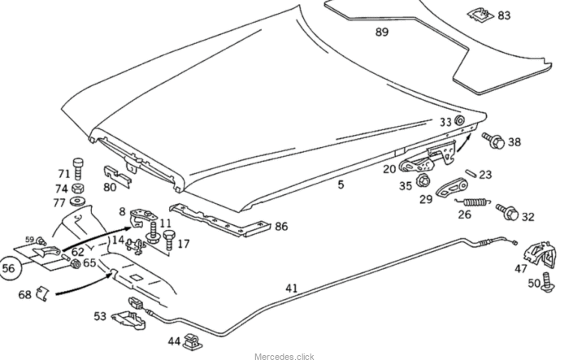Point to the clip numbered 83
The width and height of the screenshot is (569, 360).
click(x=479, y=12)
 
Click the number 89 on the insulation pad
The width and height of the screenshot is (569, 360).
click(x=381, y=32)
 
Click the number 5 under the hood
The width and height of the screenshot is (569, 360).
click(x=341, y=184)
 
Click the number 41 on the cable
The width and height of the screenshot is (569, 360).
click(x=292, y=288)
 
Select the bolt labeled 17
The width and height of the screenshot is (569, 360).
click(x=168, y=239)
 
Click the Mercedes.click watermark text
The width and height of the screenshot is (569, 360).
click(x=284, y=356)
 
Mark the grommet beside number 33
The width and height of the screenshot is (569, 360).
click(x=459, y=122)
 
